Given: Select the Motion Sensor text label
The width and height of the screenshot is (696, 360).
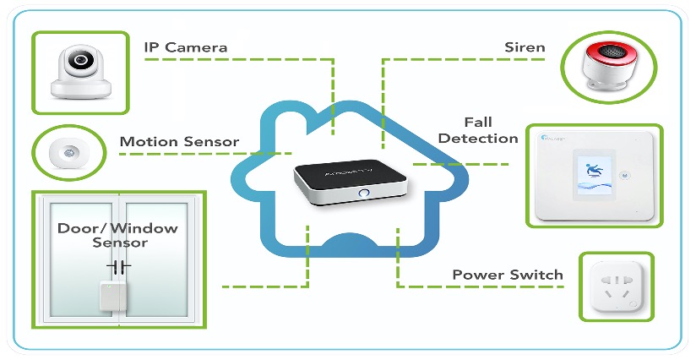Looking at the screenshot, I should (x=179, y=141).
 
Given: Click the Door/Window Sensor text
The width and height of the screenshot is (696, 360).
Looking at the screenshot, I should (x=118, y=235).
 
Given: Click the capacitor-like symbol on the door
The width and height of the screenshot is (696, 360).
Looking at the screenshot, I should (x=118, y=266).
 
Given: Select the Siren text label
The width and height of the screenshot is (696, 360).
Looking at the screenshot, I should (x=524, y=47).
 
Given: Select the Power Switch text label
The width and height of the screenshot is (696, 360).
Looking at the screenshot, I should (x=507, y=275).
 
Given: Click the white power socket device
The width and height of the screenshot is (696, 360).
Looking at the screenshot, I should (x=616, y=286).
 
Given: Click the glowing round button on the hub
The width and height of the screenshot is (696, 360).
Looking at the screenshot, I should (x=364, y=194).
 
